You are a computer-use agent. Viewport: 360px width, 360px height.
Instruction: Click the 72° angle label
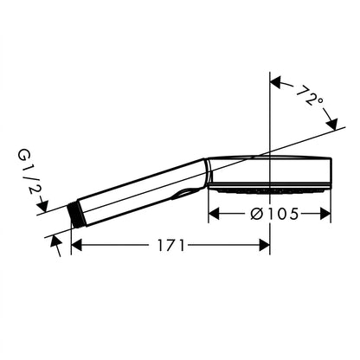point(310,95)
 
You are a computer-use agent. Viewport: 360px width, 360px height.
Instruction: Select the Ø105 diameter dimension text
point(274,214)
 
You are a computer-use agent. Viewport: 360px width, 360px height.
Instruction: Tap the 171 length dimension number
point(170,246)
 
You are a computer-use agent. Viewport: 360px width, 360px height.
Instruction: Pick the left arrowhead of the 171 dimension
point(77,246)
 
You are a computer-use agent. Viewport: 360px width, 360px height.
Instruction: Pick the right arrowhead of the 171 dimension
point(264,246)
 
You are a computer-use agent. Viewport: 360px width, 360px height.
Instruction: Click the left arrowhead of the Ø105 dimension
point(214,214)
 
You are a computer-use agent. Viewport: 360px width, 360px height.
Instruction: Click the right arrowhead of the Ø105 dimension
point(325,214)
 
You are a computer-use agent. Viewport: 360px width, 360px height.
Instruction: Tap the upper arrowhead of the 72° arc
point(276,82)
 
